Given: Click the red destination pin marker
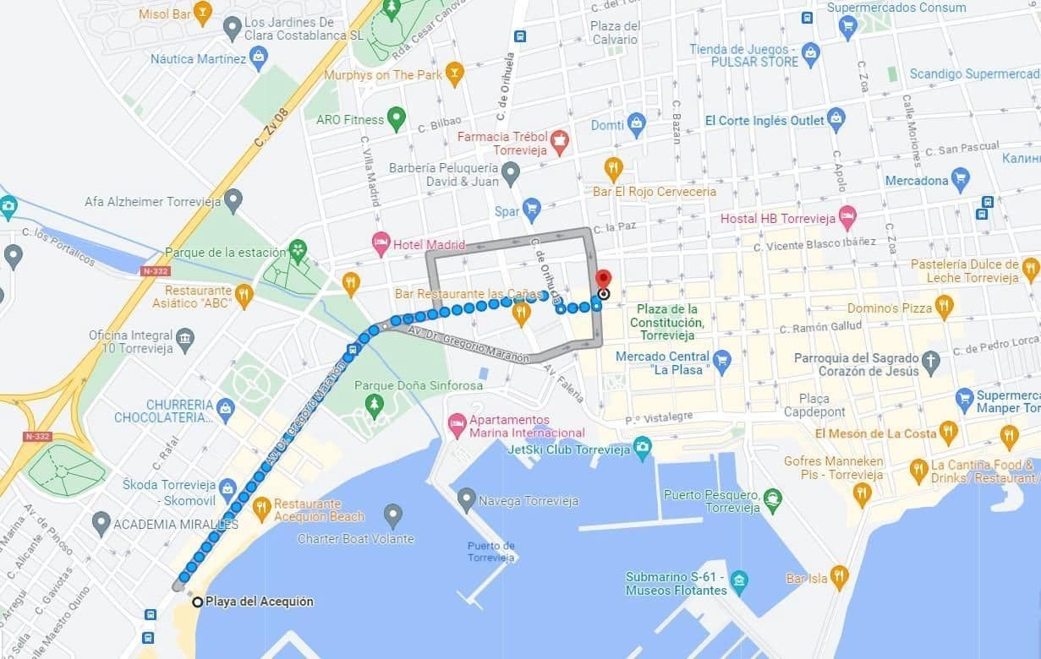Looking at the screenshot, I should point(603,280).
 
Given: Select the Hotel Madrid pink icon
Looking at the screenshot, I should point(381,244).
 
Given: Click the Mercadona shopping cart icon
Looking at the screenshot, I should point(960,179).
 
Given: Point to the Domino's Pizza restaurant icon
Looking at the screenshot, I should point(945,307).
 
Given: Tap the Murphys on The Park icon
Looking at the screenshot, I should point(455,74).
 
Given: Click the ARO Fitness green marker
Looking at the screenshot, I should point(396,118).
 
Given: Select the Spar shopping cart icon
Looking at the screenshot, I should point(531,210).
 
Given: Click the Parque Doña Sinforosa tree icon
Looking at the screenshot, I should point(375,406).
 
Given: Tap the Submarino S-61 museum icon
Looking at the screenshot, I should point(739,581).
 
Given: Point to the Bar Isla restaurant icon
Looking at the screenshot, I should point(839,577).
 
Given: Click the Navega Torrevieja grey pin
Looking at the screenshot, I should point(466,499).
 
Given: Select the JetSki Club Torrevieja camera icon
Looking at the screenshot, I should point(643,448).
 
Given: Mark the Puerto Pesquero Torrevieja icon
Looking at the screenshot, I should point(772,499).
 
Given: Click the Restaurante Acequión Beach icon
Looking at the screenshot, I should point(261,508).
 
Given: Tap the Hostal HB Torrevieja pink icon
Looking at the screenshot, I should point(846,217).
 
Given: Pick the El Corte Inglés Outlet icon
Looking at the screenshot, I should point(836,119).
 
